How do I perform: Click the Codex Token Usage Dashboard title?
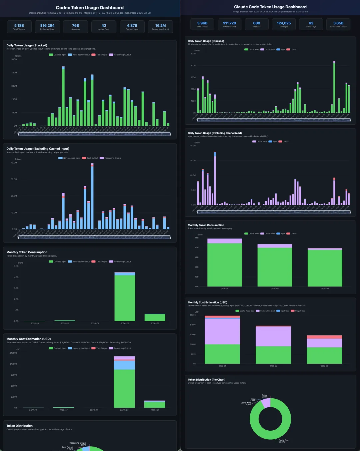click(90, 8)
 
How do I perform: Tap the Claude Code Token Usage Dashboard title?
click(270, 7)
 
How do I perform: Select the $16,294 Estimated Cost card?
click(47, 27)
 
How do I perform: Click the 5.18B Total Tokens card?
click(19, 27)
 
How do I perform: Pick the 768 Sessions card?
click(76, 27)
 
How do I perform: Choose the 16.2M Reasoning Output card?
click(160, 27)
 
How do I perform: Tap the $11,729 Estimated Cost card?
click(229, 24)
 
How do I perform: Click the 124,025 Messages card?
click(284, 24)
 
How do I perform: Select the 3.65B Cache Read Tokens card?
click(338, 24)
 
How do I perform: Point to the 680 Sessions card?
click(257, 24)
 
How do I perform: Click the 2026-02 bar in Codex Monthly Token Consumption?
click(125, 297)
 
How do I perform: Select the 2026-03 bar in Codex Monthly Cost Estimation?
click(155, 404)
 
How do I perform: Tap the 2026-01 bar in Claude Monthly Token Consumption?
click(225, 264)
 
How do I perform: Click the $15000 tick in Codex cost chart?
click(13, 353)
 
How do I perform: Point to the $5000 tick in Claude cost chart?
click(193, 315)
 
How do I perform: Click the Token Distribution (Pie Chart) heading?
click(206, 380)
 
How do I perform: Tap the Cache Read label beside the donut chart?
click(284, 441)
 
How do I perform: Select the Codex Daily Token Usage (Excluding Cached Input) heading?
click(38, 149)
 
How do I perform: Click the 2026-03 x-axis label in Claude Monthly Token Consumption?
click(325, 289)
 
